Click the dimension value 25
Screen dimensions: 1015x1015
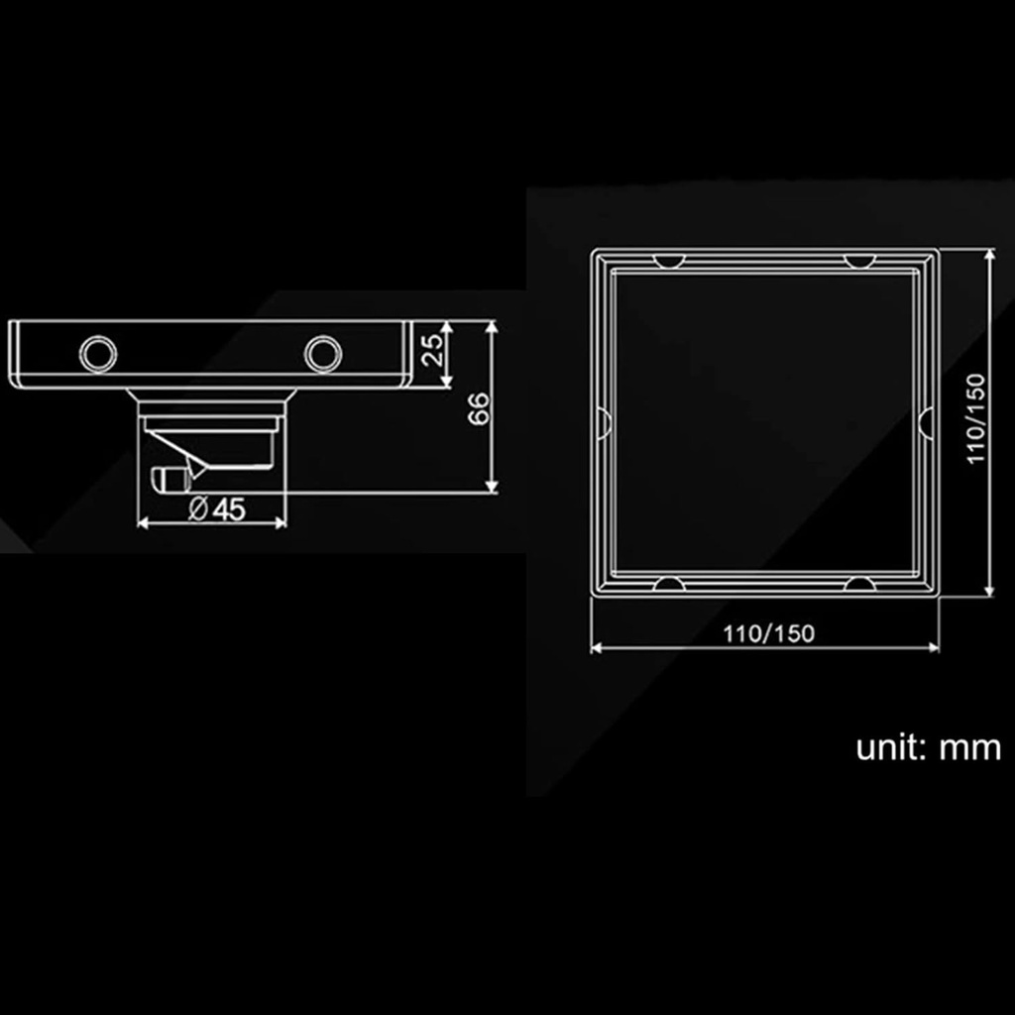pos(432,352)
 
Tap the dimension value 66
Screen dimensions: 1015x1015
pos(478,407)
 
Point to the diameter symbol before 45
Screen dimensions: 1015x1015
pos(197,508)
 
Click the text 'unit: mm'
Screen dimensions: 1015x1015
pos(928,748)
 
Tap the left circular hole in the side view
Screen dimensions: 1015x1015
pos(97,353)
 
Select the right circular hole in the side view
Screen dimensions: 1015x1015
pos(320,353)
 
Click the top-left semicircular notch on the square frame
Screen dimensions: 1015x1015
pos(670,261)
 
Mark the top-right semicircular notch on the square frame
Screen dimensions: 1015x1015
pos(858,261)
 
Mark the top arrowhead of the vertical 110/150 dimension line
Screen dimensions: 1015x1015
pos(989,256)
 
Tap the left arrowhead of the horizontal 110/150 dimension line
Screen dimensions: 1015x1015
pos(597,648)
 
